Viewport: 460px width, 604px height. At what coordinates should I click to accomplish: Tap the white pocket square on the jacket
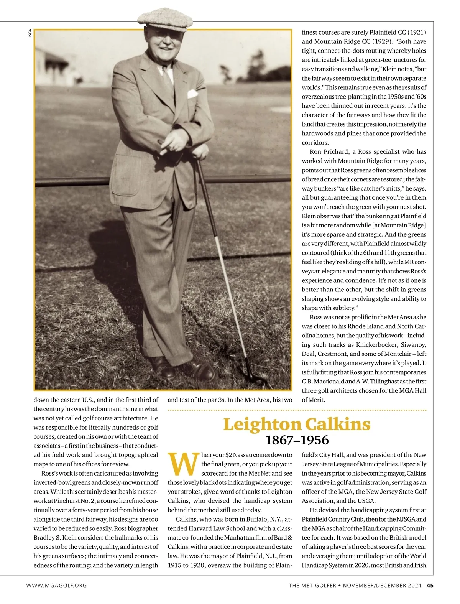tap(192, 94)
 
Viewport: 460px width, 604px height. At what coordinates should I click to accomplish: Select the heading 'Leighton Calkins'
tap(297, 425)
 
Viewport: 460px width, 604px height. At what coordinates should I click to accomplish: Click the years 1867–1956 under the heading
tap(297, 440)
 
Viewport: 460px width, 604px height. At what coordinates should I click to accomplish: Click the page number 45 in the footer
tap(430, 585)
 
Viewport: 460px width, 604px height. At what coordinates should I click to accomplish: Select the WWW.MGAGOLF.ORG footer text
tap(56, 585)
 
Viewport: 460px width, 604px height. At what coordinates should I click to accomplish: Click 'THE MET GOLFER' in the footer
tap(312, 585)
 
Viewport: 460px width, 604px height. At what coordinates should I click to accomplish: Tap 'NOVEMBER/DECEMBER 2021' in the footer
tap(382, 585)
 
